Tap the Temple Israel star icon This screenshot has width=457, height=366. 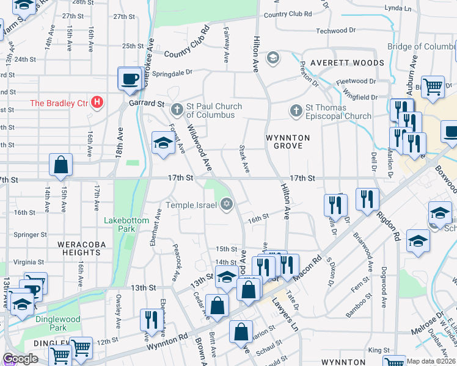227,204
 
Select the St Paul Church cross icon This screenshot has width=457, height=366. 177,110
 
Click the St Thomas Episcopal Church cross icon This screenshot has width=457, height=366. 296,110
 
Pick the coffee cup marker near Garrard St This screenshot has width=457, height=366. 130,79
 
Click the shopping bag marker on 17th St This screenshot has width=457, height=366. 60,165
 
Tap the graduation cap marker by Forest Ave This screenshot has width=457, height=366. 163,143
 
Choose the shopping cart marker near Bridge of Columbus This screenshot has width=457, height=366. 433,86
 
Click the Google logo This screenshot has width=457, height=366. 20,359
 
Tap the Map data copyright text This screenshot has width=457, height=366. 431,361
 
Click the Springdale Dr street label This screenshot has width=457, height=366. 172,71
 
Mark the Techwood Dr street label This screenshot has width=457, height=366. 335,30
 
